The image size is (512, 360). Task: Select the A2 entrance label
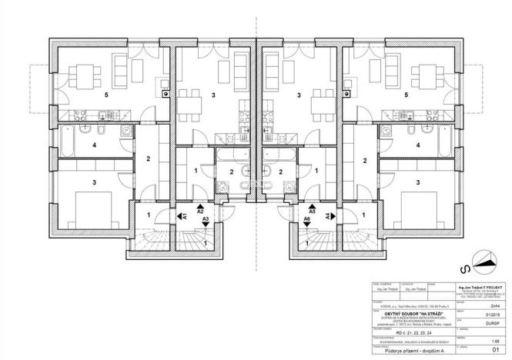pos(200,209)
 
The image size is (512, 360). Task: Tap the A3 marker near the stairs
pos(206,219)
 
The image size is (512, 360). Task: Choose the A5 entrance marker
pos(312,209)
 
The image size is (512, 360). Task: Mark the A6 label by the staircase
pos(306,219)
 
